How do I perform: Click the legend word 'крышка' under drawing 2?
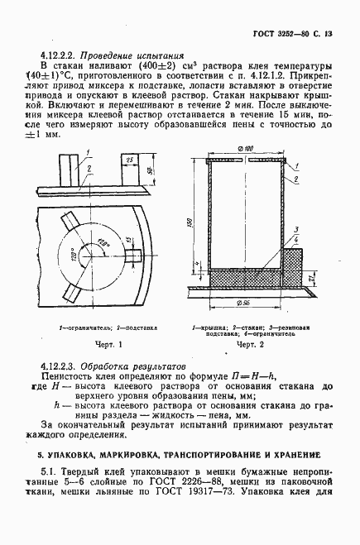coord(211,326)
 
